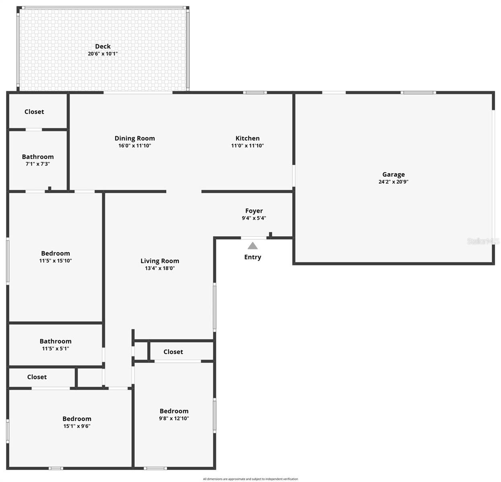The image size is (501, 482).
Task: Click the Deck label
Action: point(103,47)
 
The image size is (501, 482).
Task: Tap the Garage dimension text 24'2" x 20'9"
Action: point(393,182)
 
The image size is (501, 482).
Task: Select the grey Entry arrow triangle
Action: point(253,246)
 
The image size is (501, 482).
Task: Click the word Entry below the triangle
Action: point(253,257)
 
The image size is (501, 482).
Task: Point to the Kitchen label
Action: point(247,138)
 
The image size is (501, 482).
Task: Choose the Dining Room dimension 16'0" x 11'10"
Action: point(134,146)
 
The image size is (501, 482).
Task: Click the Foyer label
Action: point(254,211)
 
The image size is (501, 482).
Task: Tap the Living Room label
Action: point(160,261)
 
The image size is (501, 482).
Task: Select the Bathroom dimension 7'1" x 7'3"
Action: point(37,164)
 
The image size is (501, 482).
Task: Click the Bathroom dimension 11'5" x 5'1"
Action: point(55,349)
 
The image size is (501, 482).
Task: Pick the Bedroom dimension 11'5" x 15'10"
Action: point(55,261)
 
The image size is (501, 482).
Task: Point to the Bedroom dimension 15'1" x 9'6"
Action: point(77,426)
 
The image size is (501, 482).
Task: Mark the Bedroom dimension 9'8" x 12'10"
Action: point(174,418)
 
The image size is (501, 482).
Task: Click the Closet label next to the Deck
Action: point(34,112)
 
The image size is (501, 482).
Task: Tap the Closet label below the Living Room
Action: point(173,352)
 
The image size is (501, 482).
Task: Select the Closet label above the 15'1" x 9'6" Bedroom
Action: point(37,377)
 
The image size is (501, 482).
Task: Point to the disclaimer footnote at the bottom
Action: point(250,479)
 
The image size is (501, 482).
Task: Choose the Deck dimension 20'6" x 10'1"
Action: point(103,54)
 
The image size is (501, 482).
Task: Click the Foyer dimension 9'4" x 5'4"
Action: point(254,218)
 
